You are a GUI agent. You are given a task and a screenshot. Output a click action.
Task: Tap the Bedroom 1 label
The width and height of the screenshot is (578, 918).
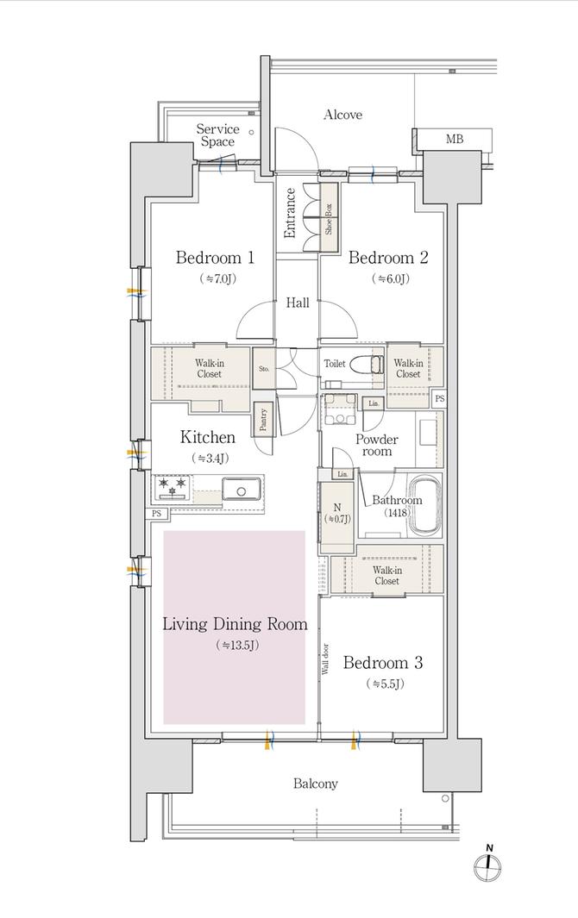coord(215,257)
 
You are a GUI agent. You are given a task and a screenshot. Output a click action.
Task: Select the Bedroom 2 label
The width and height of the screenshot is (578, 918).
coord(387,257)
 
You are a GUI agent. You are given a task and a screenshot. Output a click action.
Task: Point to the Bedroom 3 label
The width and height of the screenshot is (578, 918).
coord(382,663)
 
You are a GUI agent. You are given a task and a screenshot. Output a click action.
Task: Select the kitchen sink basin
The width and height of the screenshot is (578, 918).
coord(242,490)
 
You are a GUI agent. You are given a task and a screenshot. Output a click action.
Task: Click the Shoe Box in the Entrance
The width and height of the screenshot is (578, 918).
coord(329,216)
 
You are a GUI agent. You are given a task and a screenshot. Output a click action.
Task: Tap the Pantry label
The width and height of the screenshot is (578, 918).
coord(263,418)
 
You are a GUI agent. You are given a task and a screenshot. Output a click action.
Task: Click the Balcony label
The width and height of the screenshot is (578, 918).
coord(315,784)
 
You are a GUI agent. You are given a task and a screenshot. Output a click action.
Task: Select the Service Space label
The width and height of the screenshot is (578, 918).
coord(217,135)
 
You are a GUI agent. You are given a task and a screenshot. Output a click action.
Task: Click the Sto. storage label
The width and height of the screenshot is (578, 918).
coord(263,369)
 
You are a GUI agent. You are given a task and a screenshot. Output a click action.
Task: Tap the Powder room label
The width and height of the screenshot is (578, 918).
coord(376,445)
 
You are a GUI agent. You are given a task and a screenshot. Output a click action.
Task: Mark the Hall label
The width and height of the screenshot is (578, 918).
coord(298,303)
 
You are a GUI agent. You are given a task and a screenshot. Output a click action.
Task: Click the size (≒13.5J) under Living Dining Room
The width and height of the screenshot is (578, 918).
coord(235,645)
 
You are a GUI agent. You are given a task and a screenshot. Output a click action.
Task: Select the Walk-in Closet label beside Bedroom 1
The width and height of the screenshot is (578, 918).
coord(209,369)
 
